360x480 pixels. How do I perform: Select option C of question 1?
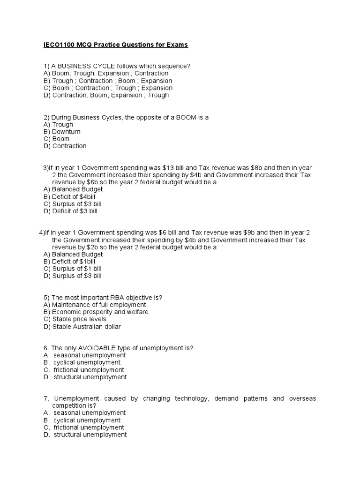[x=107, y=88]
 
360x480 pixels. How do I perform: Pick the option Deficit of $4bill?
[x=72, y=197]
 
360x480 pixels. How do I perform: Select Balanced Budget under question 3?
[x=72, y=189]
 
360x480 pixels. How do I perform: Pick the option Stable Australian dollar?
[x=85, y=327]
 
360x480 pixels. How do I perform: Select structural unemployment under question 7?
[x=90, y=435]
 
